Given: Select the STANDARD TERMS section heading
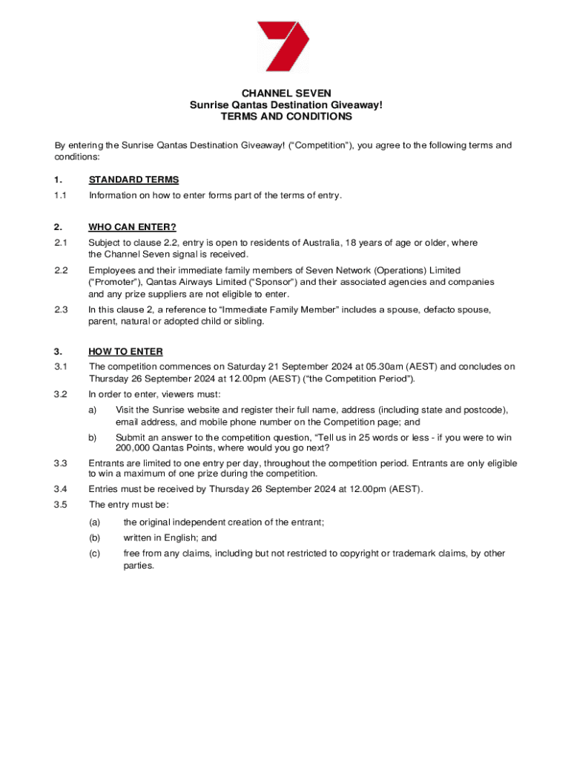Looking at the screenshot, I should (133, 180).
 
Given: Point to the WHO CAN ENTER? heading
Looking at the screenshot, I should (132, 227).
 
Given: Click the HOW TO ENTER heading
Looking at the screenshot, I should (125, 352).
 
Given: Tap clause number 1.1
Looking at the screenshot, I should (61, 196).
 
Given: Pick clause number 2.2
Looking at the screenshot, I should (61, 271).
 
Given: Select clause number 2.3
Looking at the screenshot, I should (61, 309).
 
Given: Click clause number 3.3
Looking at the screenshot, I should (61, 464).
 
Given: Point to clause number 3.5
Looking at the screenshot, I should (61, 505).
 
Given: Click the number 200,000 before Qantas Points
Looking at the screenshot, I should (133, 448).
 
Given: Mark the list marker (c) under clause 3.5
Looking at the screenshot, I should (95, 554).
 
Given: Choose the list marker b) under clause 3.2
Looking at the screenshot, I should (93, 438).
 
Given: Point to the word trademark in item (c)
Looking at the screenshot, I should (398, 554).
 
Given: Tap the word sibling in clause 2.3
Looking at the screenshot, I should (247, 322).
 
